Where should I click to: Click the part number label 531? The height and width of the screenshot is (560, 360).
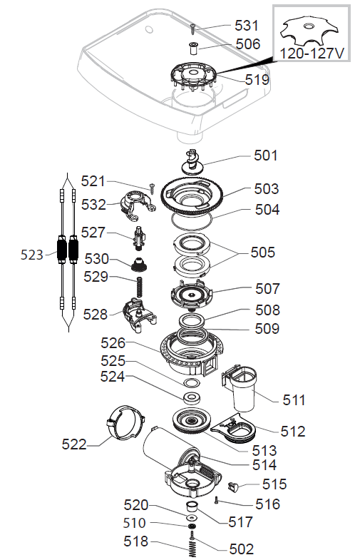(247, 26)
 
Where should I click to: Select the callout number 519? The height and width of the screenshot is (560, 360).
(257, 81)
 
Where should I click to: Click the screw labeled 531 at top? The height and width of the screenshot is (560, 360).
(193, 28)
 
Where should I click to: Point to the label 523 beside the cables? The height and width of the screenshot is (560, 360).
(32, 255)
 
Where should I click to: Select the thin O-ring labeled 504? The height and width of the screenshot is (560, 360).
(191, 219)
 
